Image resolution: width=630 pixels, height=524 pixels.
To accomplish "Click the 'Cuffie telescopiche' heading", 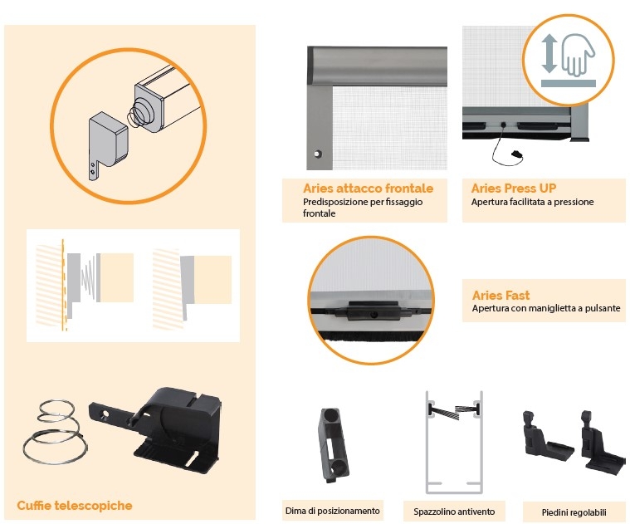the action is tap(75, 505).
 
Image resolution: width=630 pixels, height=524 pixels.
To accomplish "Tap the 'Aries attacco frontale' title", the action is tap(368, 188).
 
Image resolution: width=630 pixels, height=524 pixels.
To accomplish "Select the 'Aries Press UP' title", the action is tap(514, 188).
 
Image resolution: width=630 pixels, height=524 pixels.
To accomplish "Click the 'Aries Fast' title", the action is tap(501, 296).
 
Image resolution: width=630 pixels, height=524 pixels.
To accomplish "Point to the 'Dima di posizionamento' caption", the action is tap(332, 511).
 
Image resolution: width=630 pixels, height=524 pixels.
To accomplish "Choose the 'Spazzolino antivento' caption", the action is tap(454, 512).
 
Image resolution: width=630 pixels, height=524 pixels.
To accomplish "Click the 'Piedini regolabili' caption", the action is tap(574, 512).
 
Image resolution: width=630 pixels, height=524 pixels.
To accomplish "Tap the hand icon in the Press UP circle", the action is tap(578, 54).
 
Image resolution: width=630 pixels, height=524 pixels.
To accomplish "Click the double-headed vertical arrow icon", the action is tap(548, 53).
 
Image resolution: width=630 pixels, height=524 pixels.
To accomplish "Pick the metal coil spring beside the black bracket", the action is tap(54, 433).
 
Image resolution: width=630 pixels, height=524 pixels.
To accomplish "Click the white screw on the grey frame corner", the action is tap(318, 154).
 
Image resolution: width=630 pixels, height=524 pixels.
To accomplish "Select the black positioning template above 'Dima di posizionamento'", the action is tap(333, 444).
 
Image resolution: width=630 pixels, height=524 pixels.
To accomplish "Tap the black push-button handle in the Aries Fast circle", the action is tap(374, 311).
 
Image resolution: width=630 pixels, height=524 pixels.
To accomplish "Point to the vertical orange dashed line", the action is tap(63, 285).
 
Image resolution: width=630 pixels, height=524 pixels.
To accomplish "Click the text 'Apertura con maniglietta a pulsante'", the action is tap(546, 308).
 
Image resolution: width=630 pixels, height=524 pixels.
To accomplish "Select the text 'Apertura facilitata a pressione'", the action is tap(532, 202).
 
